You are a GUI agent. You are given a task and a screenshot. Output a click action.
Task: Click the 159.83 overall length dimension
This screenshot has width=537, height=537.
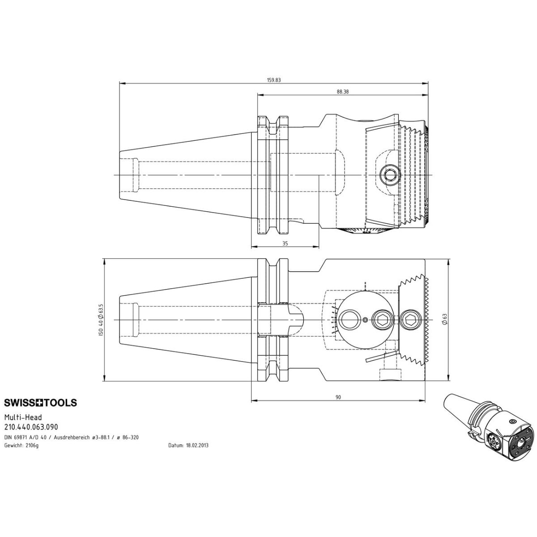(274, 80)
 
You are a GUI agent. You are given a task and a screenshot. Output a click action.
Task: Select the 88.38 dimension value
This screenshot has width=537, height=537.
(343, 91)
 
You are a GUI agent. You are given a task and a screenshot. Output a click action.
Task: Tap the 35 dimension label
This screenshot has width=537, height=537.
(285, 243)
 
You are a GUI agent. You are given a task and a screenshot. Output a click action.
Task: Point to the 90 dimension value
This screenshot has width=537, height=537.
(338, 397)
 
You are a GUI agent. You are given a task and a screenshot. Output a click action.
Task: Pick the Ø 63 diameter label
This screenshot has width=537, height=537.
(445, 319)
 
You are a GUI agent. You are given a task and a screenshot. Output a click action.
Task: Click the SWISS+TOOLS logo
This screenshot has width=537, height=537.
(40, 403)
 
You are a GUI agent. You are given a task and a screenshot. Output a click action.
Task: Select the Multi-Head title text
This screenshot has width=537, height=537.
(23, 417)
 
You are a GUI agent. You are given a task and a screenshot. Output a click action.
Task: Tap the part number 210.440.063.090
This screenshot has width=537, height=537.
(31, 427)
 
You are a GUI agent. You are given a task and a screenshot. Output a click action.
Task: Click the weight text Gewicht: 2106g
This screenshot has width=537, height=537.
(21, 445)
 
